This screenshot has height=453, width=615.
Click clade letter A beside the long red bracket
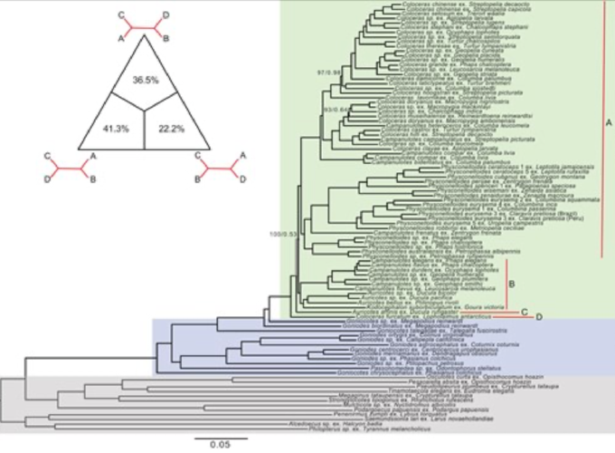click(609, 123)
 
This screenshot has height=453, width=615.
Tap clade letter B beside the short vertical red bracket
click(511, 283)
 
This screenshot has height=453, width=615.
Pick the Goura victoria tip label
click(487, 308)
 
